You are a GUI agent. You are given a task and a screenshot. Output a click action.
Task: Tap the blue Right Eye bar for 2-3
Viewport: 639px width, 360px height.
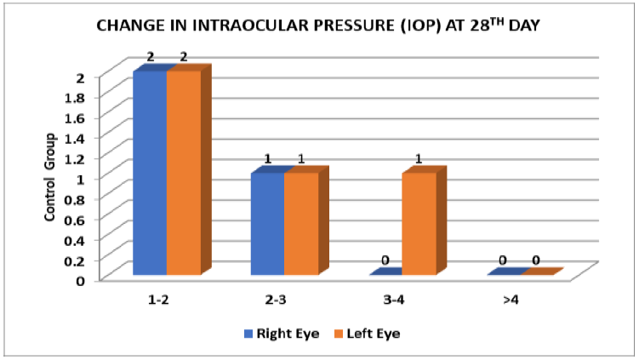click(x=266, y=224)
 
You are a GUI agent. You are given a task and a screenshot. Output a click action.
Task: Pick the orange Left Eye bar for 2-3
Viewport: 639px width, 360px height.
click(x=300, y=224)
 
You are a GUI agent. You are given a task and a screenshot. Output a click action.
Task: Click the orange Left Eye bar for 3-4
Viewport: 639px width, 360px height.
click(x=418, y=224)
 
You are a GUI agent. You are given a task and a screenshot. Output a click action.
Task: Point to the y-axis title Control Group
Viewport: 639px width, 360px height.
click(x=50, y=177)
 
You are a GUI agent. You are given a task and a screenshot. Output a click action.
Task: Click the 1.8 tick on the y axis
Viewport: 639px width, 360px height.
click(x=77, y=97)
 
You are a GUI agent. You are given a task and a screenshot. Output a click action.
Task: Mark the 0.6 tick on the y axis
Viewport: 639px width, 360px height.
click(x=77, y=219)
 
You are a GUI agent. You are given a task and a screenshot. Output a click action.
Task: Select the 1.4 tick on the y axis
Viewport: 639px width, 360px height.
click(x=77, y=138)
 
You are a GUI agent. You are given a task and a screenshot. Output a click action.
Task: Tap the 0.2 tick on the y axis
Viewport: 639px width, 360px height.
click(x=77, y=260)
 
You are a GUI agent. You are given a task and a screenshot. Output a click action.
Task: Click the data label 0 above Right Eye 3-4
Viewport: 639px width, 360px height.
click(x=385, y=260)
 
